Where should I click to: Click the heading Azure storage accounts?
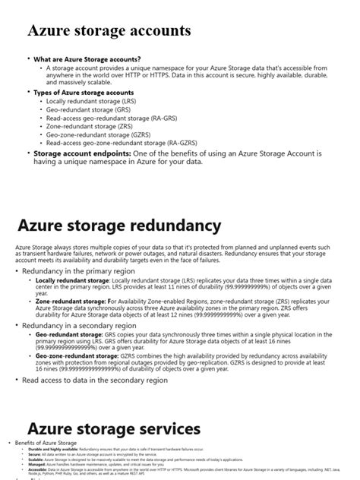pos(109,31)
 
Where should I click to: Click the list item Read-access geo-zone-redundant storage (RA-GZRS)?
pos(112,142)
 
